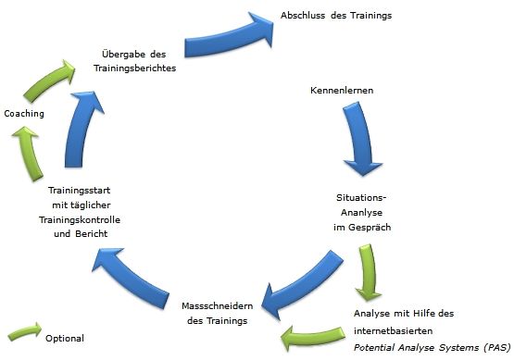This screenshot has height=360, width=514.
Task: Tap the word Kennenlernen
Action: [x=341, y=90]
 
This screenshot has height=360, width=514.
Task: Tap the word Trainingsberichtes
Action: [x=134, y=68]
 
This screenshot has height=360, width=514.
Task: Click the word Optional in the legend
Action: [x=64, y=339]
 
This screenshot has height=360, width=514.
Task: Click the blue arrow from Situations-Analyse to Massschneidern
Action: [x=297, y=277]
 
